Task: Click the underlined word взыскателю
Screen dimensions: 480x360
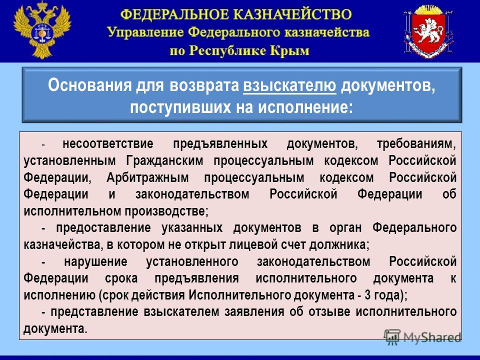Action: click(289, 85)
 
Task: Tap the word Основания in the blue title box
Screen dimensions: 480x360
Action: click(89, 85)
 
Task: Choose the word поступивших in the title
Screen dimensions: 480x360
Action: click(180, 107)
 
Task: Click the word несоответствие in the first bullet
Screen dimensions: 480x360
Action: click(108, 143)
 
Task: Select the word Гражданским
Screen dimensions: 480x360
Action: click(164, 160)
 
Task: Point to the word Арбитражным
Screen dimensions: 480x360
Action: click(147, 177)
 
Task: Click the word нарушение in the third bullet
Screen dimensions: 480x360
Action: click(96, 261)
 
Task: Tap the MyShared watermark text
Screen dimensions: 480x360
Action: click(432, 337)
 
